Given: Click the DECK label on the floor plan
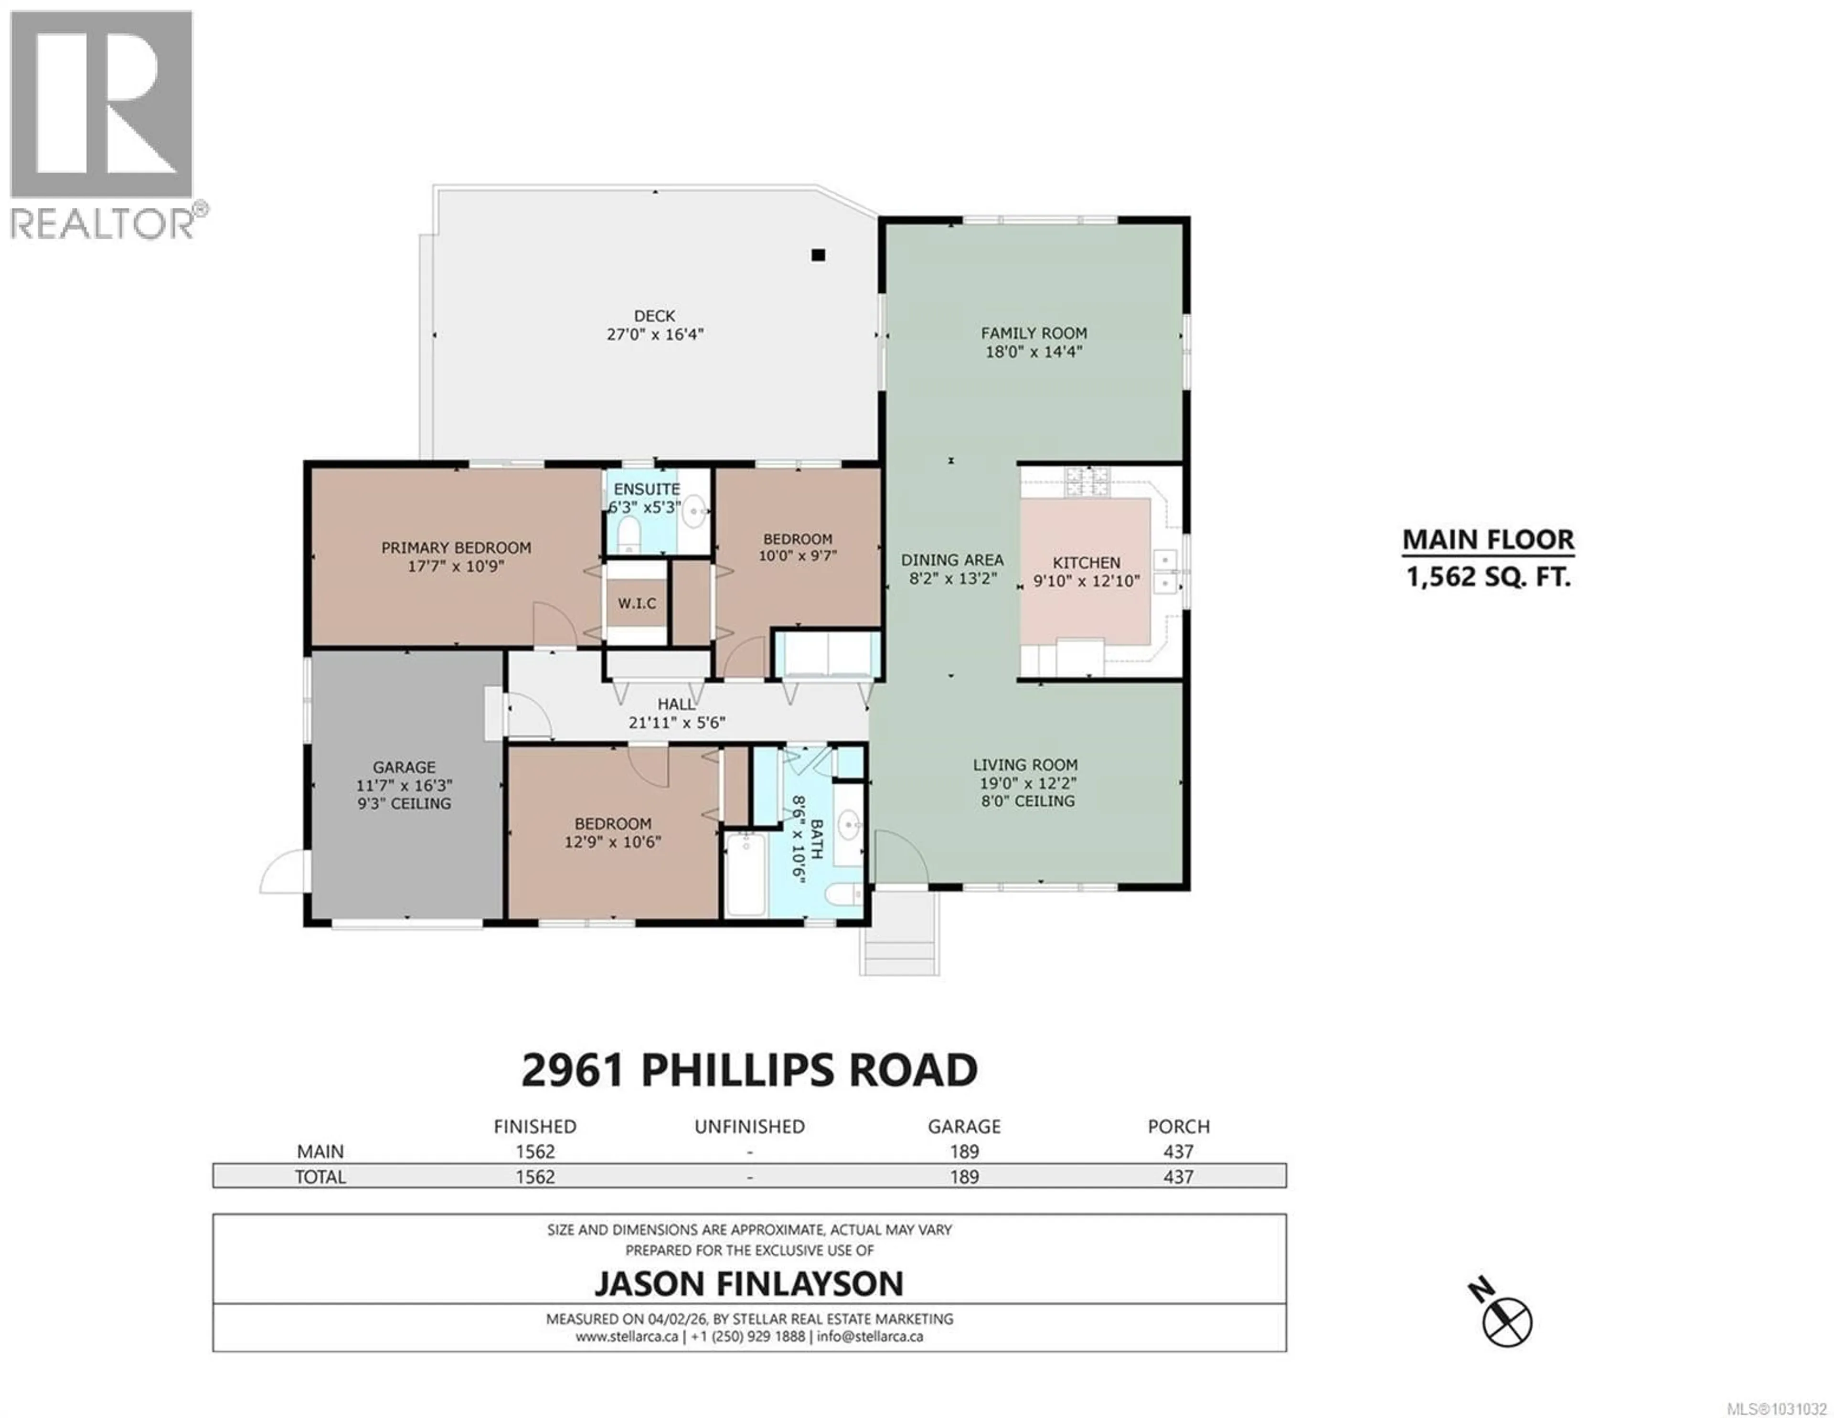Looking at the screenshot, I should [x=654, y=316].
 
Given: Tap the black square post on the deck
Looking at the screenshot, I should [x=818, y=255].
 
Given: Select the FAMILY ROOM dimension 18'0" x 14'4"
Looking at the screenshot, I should [x=1034, y=352].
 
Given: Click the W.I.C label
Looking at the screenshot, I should [x=637, y=603].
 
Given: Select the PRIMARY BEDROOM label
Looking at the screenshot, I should [x=456, y=547].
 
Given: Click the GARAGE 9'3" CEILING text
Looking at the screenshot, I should [x=404, y=803].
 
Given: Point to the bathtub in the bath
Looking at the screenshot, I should [x=745, y=873].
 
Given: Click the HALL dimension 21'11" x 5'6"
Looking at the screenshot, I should [x=676, y=722].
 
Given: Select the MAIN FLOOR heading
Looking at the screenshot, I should [x=1488, y=539].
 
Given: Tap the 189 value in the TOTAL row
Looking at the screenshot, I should [x=963, y=1176].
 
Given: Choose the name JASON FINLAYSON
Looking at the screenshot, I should [x=748, y=1283].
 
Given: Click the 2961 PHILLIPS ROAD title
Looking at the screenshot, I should [x=748, y=1070].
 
